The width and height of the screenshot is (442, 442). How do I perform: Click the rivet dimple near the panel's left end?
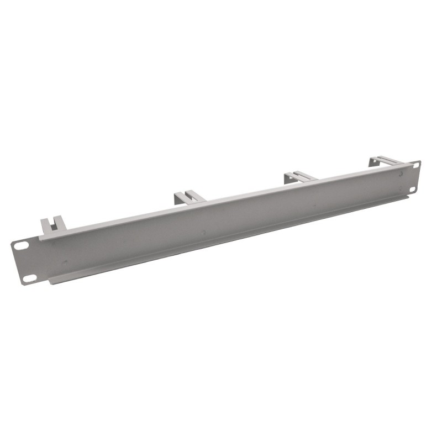(x=65, y=263)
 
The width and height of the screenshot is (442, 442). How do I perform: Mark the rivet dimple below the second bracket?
(x=204, y=233)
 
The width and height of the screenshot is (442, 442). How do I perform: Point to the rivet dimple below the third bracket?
(x=314, y=207)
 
